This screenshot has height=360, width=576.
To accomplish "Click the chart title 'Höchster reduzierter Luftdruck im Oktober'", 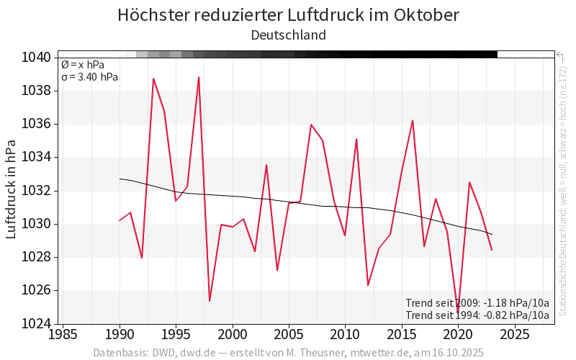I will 288,15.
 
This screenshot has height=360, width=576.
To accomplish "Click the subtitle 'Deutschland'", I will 288,35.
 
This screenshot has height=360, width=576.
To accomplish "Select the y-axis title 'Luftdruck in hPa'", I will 12,191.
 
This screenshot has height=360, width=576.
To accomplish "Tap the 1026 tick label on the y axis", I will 35,290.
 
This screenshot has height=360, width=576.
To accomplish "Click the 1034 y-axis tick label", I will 35,157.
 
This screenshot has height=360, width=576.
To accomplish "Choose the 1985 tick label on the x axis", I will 63,335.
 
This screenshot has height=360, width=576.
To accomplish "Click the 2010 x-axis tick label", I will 345,335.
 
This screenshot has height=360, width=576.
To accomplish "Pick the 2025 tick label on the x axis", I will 514,335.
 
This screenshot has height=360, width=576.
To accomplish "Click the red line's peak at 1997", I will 199,77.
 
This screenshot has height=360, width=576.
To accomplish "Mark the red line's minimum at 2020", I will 458,311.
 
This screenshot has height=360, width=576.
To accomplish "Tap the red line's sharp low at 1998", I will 210,301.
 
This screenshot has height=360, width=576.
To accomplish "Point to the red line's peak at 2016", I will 413,120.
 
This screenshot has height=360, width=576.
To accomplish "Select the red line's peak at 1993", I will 153,78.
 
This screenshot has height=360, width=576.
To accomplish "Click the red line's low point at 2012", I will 368,285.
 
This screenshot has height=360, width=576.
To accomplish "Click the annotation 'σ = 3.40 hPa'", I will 89,77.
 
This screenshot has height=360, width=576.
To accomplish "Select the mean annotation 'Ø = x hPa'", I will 83,65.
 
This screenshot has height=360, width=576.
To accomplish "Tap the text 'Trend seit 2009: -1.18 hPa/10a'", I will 477,302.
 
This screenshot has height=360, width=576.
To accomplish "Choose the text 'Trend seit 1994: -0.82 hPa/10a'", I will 477,315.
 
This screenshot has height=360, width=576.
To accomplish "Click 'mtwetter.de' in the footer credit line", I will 381,353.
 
